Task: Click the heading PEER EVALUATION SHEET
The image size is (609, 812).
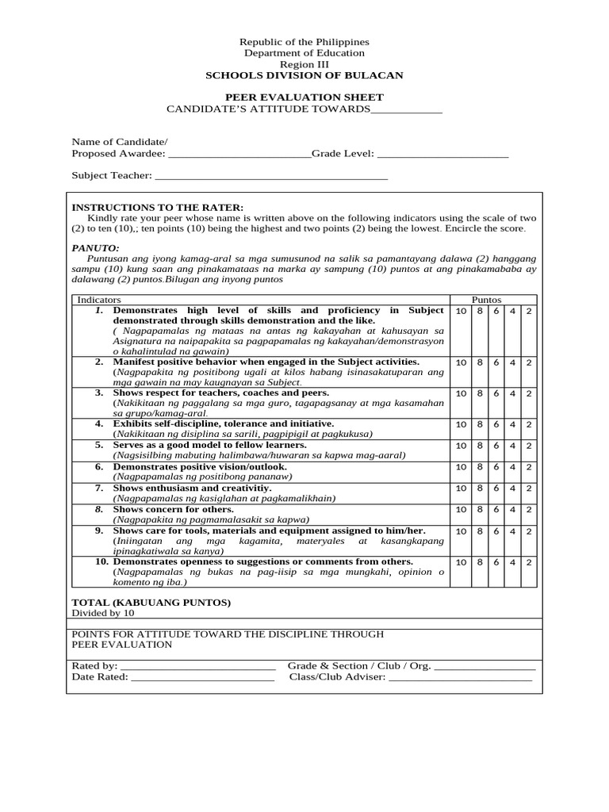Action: tap(304, 98)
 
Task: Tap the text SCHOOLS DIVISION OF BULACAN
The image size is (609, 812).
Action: tap(304, 75)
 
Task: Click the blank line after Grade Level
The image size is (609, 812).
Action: tap(442, 154)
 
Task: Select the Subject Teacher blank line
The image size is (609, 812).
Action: tap(271, 176)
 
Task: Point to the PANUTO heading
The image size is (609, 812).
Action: tap(95, 247)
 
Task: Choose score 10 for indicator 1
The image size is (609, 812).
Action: tap(461, 311)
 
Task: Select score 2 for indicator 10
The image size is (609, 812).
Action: tap(529, 562)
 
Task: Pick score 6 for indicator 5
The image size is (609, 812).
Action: tap(496, 446)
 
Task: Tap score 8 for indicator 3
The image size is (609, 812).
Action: tap(479, 393)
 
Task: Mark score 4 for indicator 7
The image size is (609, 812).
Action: tap(512, 488)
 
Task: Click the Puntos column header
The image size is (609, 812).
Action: tap(486, 300)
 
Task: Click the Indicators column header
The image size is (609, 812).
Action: tap(99, 300)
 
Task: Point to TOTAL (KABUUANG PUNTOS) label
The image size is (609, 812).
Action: tap(151, 602)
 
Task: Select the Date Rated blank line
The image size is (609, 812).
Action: tap(202, 677)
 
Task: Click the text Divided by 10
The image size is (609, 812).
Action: tap(103, 613)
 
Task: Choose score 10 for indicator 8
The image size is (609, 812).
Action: tap(461, 510)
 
